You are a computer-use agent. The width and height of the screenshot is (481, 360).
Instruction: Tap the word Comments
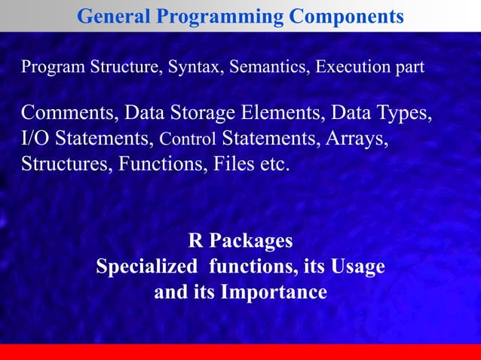[67, 114]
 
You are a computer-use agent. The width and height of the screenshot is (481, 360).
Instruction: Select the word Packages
[251, 241]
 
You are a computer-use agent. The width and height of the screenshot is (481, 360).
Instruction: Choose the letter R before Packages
[195, 241]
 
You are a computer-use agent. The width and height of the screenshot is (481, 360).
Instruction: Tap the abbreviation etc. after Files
[274, 163]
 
